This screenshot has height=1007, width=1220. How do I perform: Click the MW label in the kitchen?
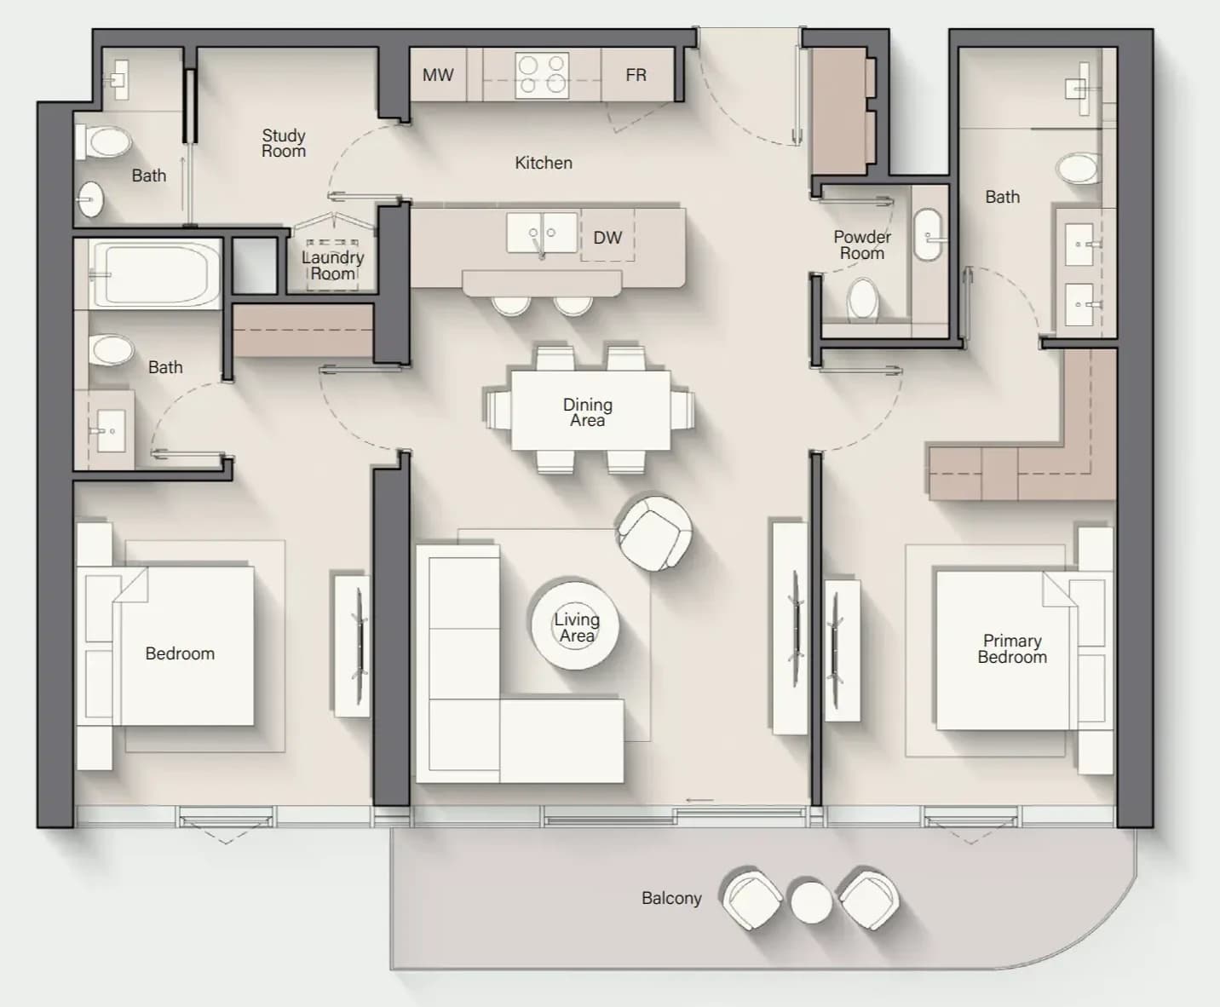(438, 75)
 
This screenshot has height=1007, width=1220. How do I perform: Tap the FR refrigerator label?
(636, 75)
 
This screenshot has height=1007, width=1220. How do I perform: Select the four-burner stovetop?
(542, 75)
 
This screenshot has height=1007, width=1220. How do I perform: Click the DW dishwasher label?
(607, 238)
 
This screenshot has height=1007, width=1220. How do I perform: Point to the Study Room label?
(284, 143)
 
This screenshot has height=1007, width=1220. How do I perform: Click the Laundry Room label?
(332, 265)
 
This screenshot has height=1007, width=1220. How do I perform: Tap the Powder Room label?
(862, 245)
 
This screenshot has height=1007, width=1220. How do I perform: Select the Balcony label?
(671, 898)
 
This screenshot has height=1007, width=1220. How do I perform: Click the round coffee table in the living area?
(575, 624)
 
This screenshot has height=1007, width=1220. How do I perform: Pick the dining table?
(590, 411)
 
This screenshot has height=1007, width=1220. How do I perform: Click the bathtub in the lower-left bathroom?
(155, 273)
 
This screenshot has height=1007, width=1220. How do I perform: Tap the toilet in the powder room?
(863, 299)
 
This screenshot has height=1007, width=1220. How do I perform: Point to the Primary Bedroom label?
(1012, 648)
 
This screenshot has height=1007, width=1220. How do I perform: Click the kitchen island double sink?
(542, 233)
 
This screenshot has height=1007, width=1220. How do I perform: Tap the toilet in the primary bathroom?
(1078, 169)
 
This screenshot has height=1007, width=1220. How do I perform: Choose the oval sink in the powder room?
(928, 235)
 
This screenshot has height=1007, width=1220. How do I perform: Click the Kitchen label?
(544, 163)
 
